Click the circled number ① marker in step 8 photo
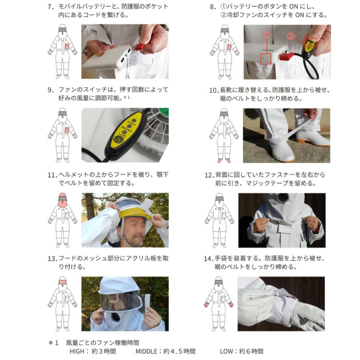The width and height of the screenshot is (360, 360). click(x=266, y=35)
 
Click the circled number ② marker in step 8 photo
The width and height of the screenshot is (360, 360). click(x=291, y=36)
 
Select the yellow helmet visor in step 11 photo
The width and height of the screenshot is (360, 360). click(x=133, y=213)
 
